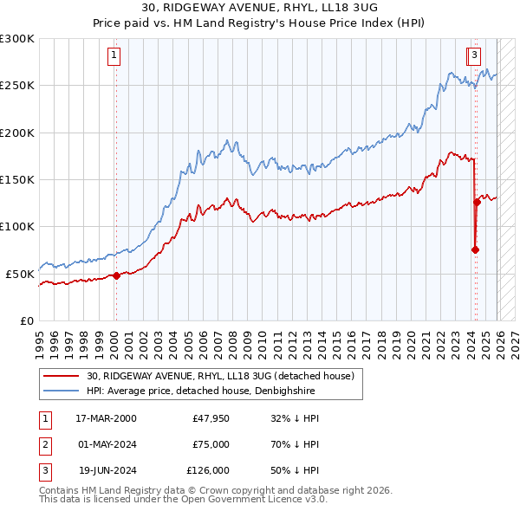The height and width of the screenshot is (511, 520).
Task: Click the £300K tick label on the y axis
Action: coord(17,39)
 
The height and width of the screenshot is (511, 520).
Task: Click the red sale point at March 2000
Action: coord(116,275)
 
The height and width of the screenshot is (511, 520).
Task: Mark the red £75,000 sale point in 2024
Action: coord(475,250)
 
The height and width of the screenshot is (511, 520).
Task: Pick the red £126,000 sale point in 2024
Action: coord(477,203)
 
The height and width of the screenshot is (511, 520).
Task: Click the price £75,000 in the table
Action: coord(211,444)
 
